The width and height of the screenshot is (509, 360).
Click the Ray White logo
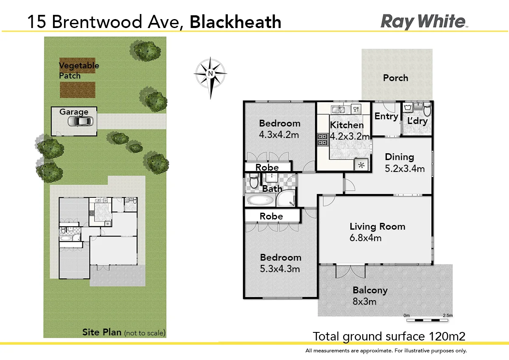pos(423,21)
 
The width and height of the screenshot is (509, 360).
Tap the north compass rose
pos(210,74)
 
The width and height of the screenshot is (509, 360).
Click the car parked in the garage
pos(80,122)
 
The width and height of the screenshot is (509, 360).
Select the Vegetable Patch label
pos(78,70)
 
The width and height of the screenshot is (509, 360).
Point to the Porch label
pos(395,78)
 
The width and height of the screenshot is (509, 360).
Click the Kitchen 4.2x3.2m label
pos(347,130)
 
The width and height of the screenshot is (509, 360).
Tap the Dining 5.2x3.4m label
pos(404,163)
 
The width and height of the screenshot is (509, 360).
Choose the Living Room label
pos(377,232)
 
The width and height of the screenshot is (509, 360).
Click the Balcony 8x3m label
pos(370,296)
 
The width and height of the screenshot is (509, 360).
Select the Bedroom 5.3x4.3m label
pos(280,263)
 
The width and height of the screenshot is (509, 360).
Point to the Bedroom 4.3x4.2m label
pos(280,129)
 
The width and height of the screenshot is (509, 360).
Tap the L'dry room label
pos(417,121)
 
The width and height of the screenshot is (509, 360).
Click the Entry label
pos(386,116)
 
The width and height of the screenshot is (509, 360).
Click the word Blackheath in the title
pos(235,22)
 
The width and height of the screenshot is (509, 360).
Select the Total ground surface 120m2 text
pos(389,337)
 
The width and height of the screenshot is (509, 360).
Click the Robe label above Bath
pos(267,168)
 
